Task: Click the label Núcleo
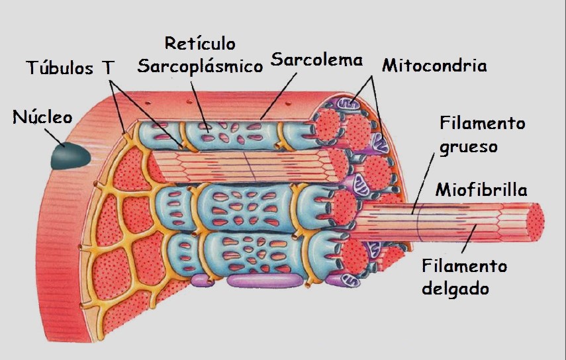tap(42, 117)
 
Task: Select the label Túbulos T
tap(70, 67)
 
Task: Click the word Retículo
tap(199, 44)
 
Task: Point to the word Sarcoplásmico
tap(200, 67)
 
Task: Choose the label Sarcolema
tap(317, 60)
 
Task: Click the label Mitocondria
tap(434, 66)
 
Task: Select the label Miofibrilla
tap(481, 190)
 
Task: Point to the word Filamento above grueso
tap(483, 124)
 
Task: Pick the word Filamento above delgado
tap(465, 266)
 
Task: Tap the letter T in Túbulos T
tap(107, 67)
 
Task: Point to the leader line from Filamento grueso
tap(424, 181)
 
